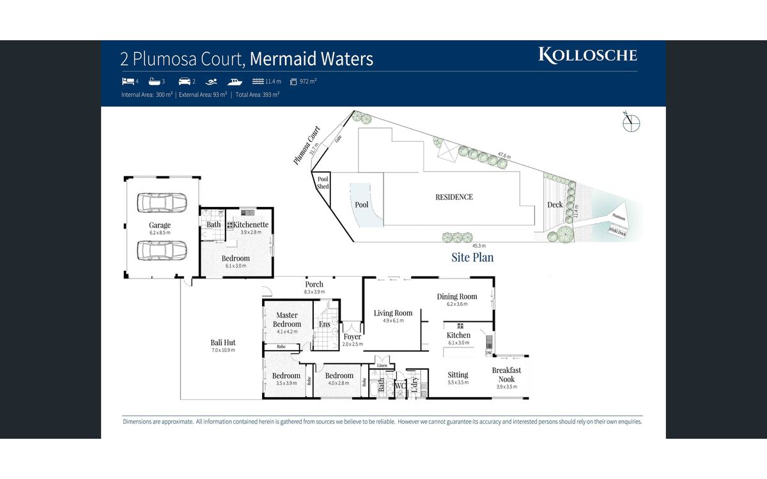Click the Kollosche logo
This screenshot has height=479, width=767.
pos(587,55)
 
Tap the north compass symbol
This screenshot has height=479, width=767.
pos(631,122)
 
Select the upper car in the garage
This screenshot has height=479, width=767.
pos(162,203)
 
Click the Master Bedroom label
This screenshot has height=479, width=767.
pos(287,319)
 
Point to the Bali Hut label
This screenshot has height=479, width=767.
pos(223,342)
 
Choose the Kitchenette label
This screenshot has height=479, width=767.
pos(251,225)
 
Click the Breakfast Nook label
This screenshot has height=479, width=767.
pos(506,374)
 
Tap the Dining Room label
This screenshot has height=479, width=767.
pos(457,296)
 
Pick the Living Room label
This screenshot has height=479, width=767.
pos(393,313)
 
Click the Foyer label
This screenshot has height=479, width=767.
pos(352,337)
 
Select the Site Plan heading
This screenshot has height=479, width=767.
pos(472,257)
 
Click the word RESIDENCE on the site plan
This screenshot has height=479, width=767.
pos(454,197)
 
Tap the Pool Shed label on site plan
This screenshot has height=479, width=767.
pos(323,183)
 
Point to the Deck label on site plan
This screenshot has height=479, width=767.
pos(555,204)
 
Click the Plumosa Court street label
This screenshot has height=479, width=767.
pos(307,146)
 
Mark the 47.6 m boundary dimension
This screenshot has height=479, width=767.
pos(504,155)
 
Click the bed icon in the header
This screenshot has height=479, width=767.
pos(127,82)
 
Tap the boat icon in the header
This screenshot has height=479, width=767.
pos(235,82)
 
